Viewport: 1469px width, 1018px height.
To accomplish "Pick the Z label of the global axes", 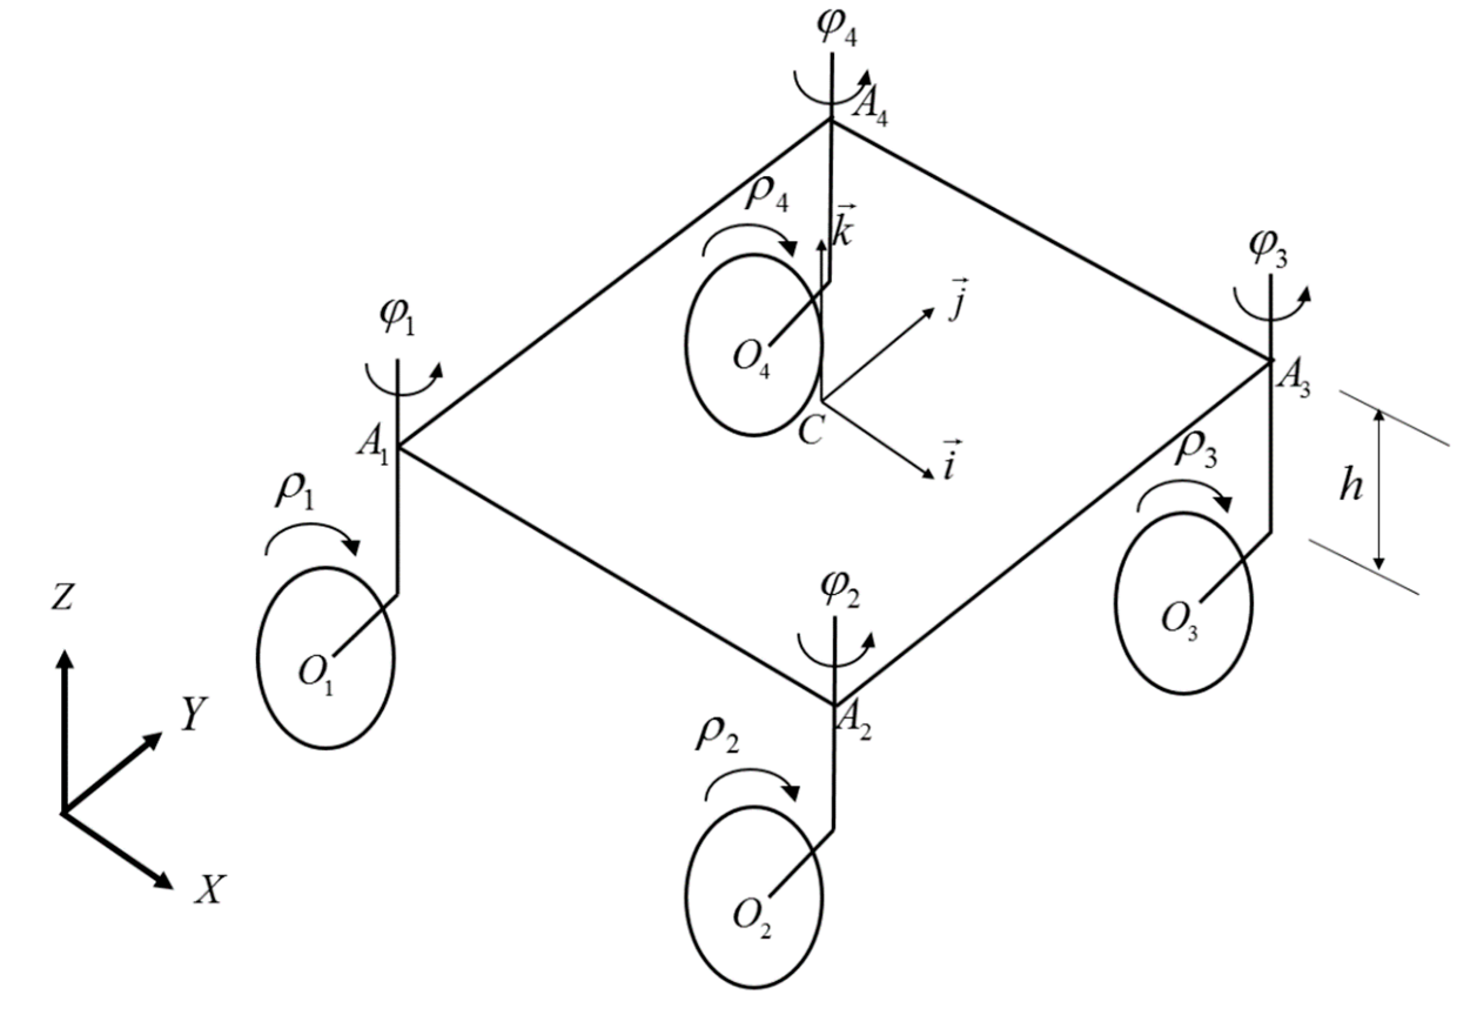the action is [62, 597].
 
